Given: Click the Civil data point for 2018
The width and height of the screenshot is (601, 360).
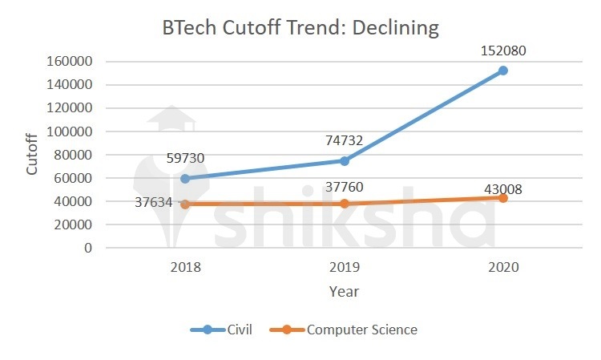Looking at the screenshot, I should (186, 178).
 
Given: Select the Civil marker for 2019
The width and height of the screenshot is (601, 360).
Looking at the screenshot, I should (345, 160).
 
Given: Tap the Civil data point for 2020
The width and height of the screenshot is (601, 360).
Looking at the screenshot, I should (503, 71).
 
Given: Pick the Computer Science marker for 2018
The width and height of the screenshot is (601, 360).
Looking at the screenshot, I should (186, 204).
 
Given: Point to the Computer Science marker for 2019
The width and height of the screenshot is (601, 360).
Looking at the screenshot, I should (345, 204).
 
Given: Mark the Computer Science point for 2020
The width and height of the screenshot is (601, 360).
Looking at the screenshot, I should (503, 197).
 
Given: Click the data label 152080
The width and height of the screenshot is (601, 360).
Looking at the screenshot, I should (503, 51).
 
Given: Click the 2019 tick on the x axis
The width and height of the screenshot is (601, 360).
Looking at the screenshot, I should (345, 267).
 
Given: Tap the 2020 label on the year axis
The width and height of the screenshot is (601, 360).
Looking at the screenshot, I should (503, 267).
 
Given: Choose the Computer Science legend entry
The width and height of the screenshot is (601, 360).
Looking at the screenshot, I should (345, 330).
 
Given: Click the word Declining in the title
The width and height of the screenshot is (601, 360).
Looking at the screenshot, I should (393, 28).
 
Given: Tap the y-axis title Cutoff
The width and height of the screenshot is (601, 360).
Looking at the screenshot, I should (32, 155).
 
